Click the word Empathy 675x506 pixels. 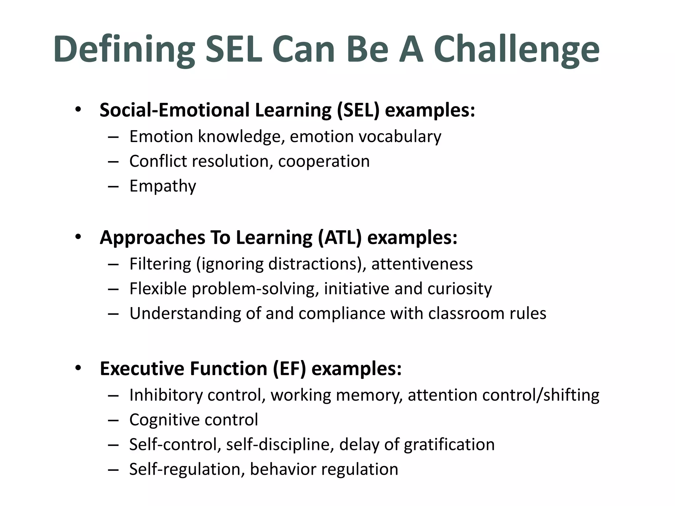163,186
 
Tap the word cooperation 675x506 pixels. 324,161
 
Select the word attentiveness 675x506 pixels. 422,264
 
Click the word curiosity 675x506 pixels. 460,289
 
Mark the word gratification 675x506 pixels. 450,445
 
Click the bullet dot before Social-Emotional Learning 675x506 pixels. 78,110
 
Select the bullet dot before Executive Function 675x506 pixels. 78,368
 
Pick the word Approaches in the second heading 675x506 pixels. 152,238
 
